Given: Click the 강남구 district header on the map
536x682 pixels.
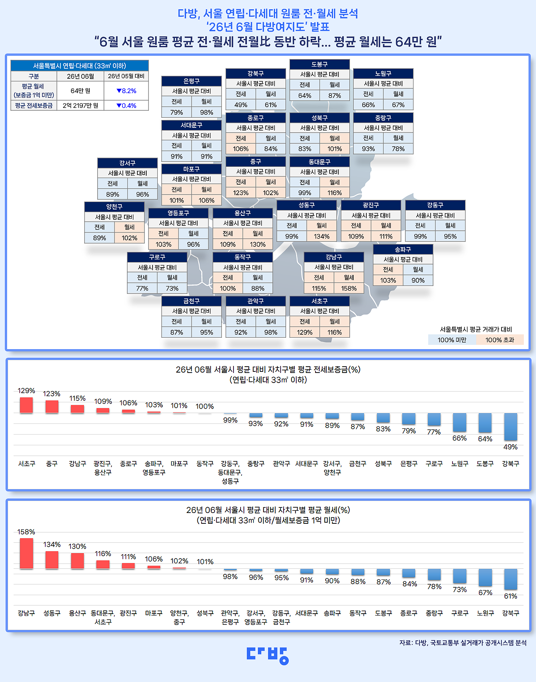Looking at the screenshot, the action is point(334,257).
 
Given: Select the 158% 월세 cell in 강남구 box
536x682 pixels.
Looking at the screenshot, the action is point(349,288).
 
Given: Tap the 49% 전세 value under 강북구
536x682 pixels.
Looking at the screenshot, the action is point(241,105).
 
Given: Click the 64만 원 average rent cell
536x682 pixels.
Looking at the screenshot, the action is point(80,91).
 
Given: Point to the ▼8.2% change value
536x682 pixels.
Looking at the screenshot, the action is point(126,91).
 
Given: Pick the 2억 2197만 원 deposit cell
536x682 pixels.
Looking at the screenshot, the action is point(80,105).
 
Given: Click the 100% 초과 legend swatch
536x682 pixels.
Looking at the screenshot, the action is point(500,340).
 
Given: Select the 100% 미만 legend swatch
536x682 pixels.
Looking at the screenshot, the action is point(452,340).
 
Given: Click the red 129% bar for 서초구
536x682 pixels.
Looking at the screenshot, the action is point(26,405).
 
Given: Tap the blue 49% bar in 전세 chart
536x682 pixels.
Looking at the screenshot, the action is point(510,427).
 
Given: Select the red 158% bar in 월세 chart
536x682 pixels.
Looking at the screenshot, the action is point(26,553).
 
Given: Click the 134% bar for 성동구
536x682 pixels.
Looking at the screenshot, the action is point(52,560).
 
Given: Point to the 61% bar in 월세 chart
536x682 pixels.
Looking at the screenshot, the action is point(510,579).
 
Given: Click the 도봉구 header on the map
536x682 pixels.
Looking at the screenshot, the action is point(320,64).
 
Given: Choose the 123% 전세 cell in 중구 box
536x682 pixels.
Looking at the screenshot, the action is point(241,193).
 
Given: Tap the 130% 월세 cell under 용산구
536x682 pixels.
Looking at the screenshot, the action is point(258,244).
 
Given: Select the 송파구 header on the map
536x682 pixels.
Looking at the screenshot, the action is point(403,249).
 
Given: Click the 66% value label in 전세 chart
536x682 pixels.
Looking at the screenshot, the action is point(460,438).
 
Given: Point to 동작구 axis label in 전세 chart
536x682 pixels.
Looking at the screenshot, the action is point(205,464).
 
